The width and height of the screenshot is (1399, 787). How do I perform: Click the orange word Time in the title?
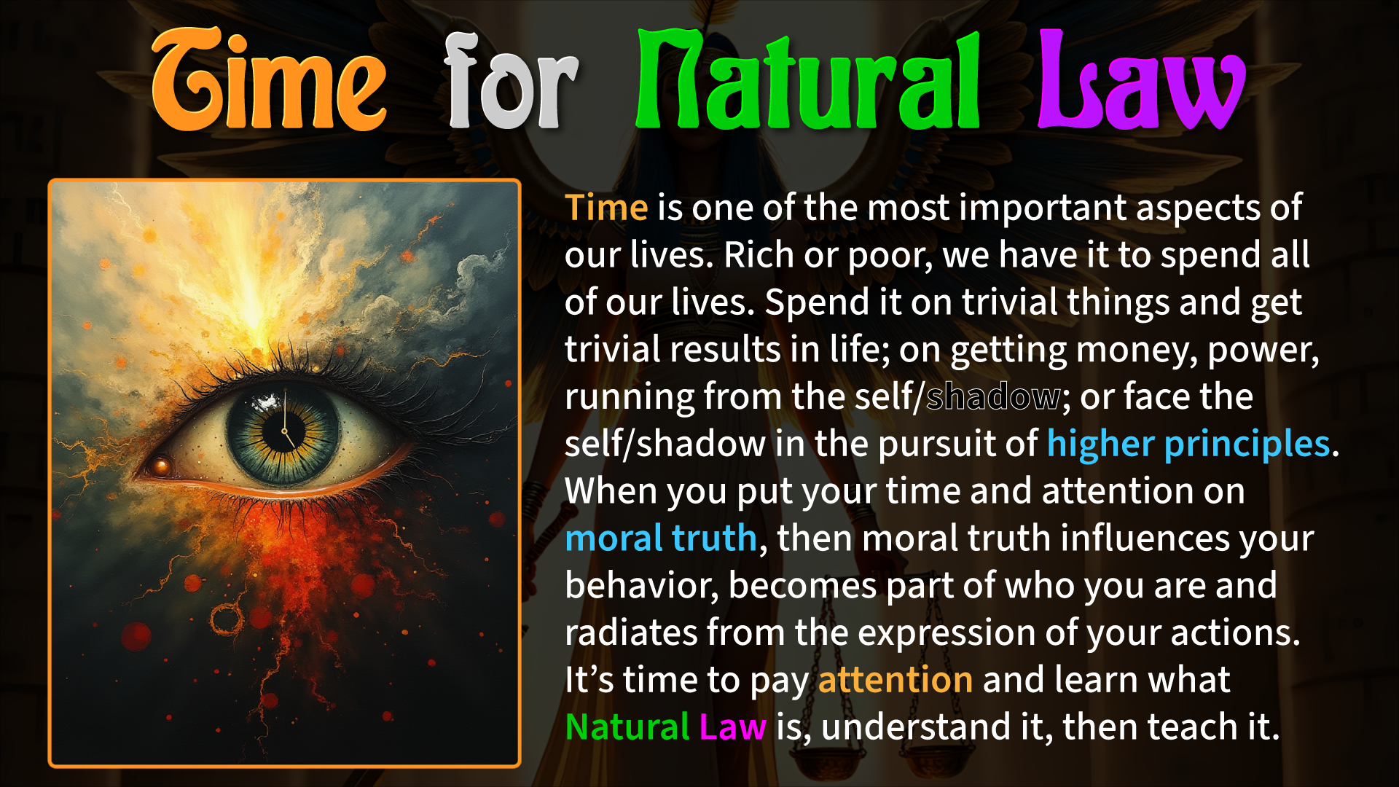pyautogui.click(x=269, y=80)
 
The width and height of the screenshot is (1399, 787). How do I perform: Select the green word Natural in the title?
pyautogui.click(x=808, y=80)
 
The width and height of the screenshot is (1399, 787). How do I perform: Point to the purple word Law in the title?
pyautogui.click(x=1142, y=80)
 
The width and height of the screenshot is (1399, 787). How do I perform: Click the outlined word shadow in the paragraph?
pyautogui.click(x=994, y=397)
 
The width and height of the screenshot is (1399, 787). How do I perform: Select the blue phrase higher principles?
pyautogui.click(x=1189, y=445)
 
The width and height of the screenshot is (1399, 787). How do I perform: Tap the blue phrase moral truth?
pyautogui.click(x=662, y=539)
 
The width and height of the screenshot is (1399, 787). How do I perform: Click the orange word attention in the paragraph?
pyautogui.click(x=896, y=680)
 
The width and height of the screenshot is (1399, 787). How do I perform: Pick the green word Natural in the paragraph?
pyautogui.click(x=627, y=727)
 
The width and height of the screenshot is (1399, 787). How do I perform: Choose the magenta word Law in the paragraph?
pyautogui.click(x=733, y=727)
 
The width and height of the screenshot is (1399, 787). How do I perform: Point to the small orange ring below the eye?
pyautogui.click(x=227, y=619)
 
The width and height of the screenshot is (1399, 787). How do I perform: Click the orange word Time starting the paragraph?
pyautogui.click(x=606, y=208)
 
